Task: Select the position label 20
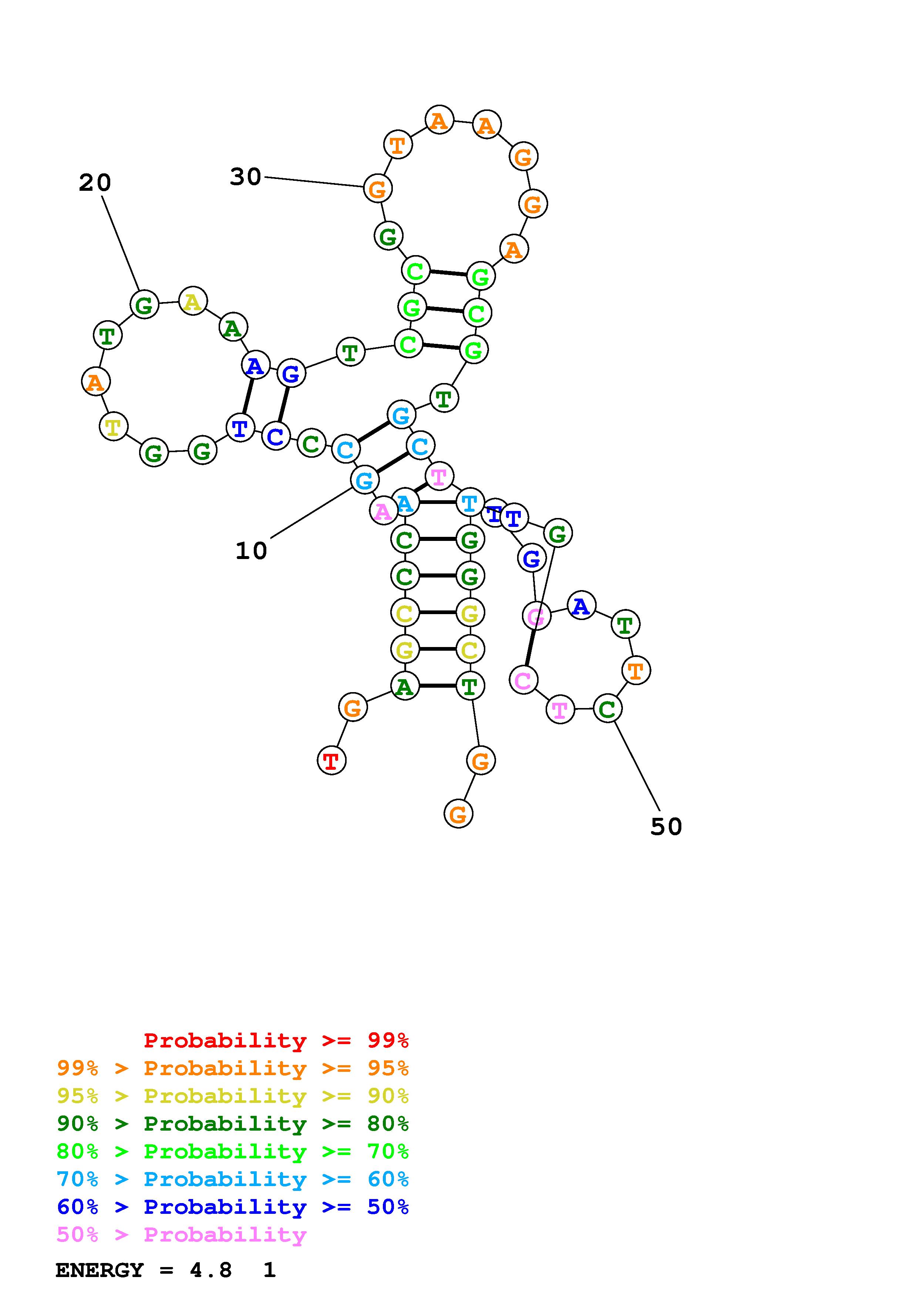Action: [x=95, y=183]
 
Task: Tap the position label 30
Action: [x=246, y=177]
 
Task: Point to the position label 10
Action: [x=251, y=551]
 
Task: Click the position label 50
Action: [x=666, y=826]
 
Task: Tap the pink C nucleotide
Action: [x=523, y=680]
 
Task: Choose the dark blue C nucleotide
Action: [x=276, y=436]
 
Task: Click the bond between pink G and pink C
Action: [x=530, y=647]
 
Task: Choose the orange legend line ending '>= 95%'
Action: [x=232, y=1068]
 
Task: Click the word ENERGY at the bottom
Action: [x=100, y=1270]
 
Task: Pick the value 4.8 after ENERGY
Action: [x=211, y=1270]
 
